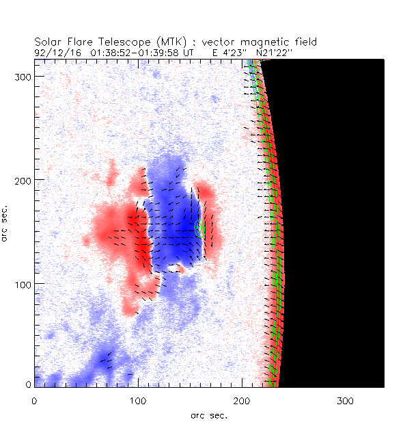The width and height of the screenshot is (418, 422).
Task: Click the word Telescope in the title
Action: click(x=107, y=42)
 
